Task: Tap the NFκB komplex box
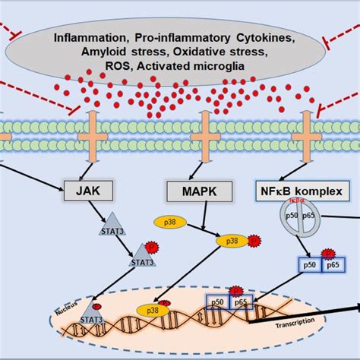click(x=296, y=187)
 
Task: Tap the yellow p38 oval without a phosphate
click(x=170, y=222)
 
